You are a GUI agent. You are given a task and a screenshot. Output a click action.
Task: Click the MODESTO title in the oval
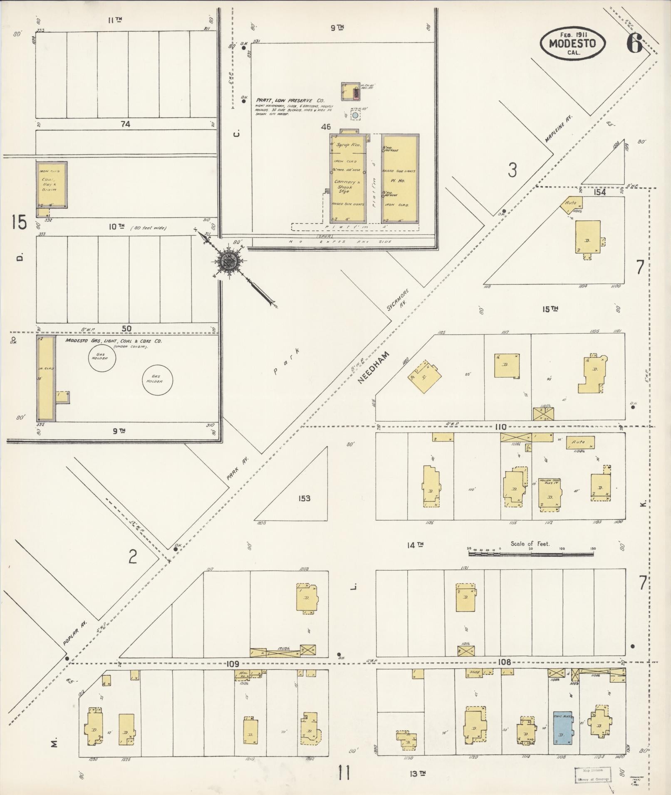click(x=572, y=44)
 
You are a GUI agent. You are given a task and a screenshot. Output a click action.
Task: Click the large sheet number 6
click(x=634, y=44)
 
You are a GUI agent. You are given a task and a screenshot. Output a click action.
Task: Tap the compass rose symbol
click(x=228, y=262)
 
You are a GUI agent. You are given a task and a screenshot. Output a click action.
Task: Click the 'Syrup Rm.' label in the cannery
click(x=348, y=146)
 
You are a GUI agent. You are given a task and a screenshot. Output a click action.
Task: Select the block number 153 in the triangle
click(x=304, y=498)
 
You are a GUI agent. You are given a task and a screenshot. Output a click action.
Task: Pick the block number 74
click(x=125, y=124)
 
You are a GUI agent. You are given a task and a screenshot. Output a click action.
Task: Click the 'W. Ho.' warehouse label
click(x=399, y=181)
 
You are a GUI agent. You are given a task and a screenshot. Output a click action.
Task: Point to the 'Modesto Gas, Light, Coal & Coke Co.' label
click(x=113, y=341)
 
